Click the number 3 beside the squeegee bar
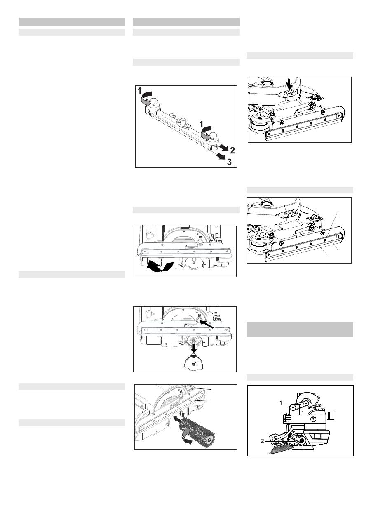pos(229,162)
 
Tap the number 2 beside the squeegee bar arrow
pos(232,150)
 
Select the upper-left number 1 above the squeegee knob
pos(139,91)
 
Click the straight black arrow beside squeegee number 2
pos(223,147)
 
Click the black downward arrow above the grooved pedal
pos(290,85)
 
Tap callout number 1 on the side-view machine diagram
pos(281,403)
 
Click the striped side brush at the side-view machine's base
pos(281,449)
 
